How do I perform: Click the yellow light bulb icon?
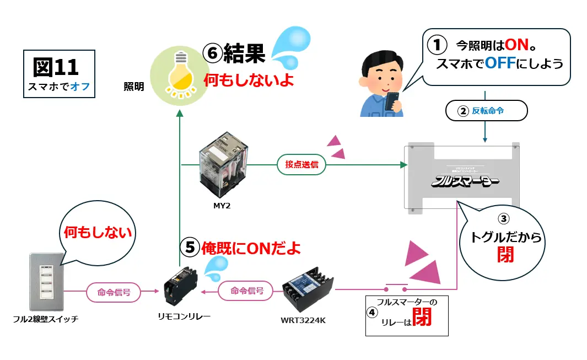180,76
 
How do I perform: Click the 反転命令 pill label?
486,111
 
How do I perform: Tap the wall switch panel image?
46,282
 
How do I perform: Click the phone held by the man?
392,101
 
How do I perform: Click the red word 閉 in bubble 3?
504,255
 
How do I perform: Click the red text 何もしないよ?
249,80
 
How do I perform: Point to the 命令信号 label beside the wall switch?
114,292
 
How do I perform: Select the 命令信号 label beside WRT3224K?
246,291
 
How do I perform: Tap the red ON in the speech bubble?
517,45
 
